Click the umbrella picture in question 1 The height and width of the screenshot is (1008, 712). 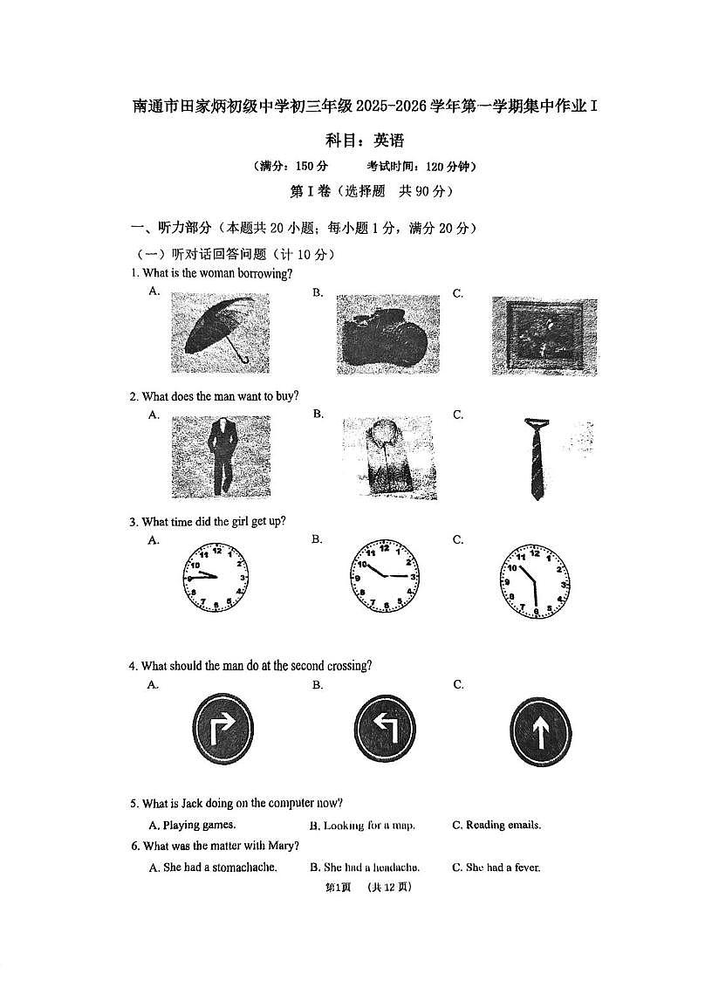coord(220,331)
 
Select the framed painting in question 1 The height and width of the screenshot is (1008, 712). coord(544,335)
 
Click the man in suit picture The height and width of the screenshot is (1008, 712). coord(221,456)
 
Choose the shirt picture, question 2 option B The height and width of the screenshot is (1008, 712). coord(387,457)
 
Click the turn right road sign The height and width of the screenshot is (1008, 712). coord(222,730)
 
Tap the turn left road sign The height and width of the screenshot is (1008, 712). coord(384,730)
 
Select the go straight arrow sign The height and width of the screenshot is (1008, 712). coord(540,731)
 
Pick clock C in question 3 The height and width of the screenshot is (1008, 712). coord(535,581)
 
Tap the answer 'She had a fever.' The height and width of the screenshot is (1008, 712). coord(503,867)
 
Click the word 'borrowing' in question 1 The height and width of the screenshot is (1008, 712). coord(264,273)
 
